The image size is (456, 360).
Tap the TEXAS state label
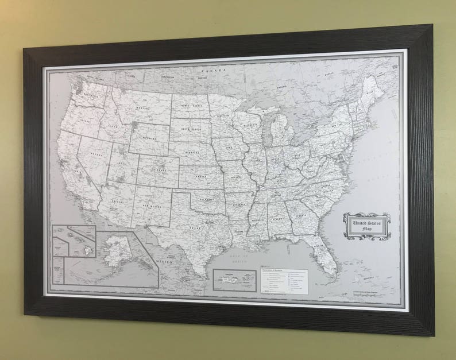pos(196,227)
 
